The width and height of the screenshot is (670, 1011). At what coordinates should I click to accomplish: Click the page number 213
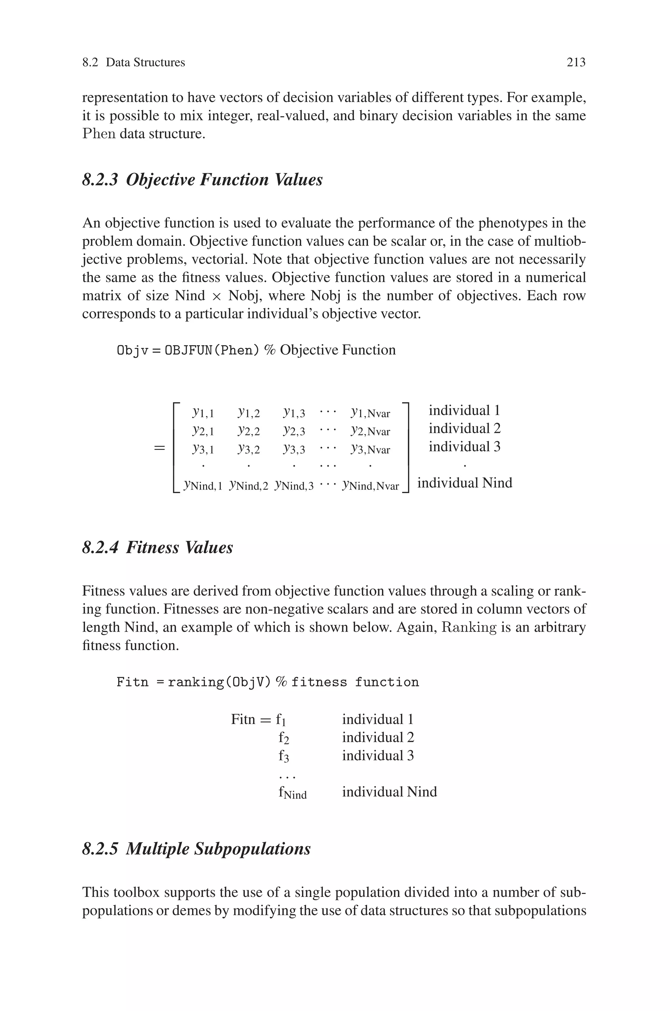coord(575,62)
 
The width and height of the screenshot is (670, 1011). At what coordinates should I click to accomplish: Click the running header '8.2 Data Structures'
coord(133,62)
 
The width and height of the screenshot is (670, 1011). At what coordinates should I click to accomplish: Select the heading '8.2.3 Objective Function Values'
coord(202,180)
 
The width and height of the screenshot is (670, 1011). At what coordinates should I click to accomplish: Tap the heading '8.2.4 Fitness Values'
coord(157,547)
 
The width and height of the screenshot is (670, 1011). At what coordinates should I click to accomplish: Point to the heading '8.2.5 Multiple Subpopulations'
coord(196,848)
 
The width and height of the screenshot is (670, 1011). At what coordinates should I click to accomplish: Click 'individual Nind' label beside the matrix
coord(465,483)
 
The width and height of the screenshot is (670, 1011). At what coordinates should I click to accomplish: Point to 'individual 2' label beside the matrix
coord(465,428)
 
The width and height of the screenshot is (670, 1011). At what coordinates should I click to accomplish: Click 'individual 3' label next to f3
coord(378,756)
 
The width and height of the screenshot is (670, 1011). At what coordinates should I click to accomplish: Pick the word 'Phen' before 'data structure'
coord(99,134)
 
